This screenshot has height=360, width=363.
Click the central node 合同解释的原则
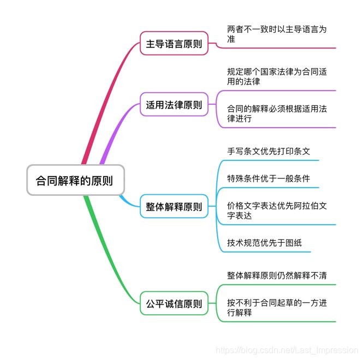[x=75, y=180]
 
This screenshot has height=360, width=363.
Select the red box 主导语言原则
[x=174, y=44]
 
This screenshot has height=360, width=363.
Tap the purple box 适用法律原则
[x=174, y=104]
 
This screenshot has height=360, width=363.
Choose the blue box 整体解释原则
[x=174, y=207]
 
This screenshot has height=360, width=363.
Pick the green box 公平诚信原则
[x=174, y=304]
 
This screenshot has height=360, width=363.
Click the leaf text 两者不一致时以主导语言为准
[x=277, y=34]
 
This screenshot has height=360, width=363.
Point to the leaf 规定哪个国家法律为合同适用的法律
[x=277, y=76]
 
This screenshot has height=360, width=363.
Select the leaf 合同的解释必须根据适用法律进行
[x=277, y=113]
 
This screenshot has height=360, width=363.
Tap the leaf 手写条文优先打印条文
[x=269, y=151]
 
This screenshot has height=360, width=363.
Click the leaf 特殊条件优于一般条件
[x=269, y=178]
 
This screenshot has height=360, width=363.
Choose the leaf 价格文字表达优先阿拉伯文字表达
[x=277, y=210]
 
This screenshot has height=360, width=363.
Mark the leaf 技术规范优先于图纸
[x=264, y=243]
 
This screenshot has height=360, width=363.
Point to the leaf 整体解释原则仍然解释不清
[x=277, y=275]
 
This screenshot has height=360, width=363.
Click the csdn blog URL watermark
[x=287, y=349]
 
